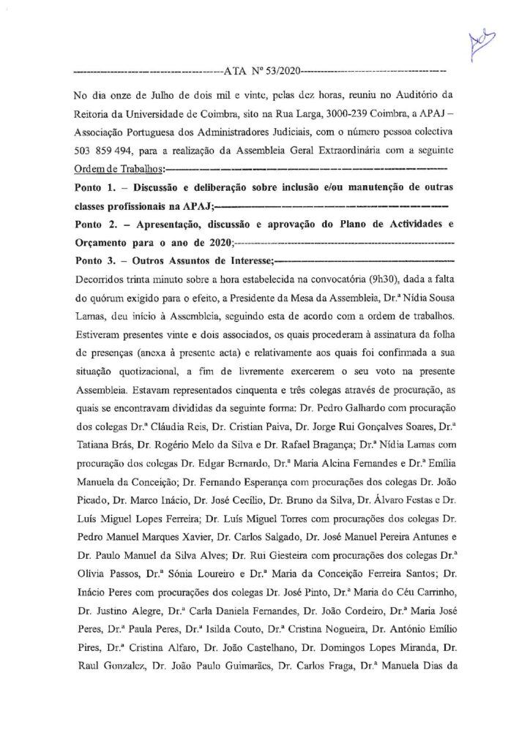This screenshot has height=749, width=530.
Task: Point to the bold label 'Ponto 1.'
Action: [x=98, y=188]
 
